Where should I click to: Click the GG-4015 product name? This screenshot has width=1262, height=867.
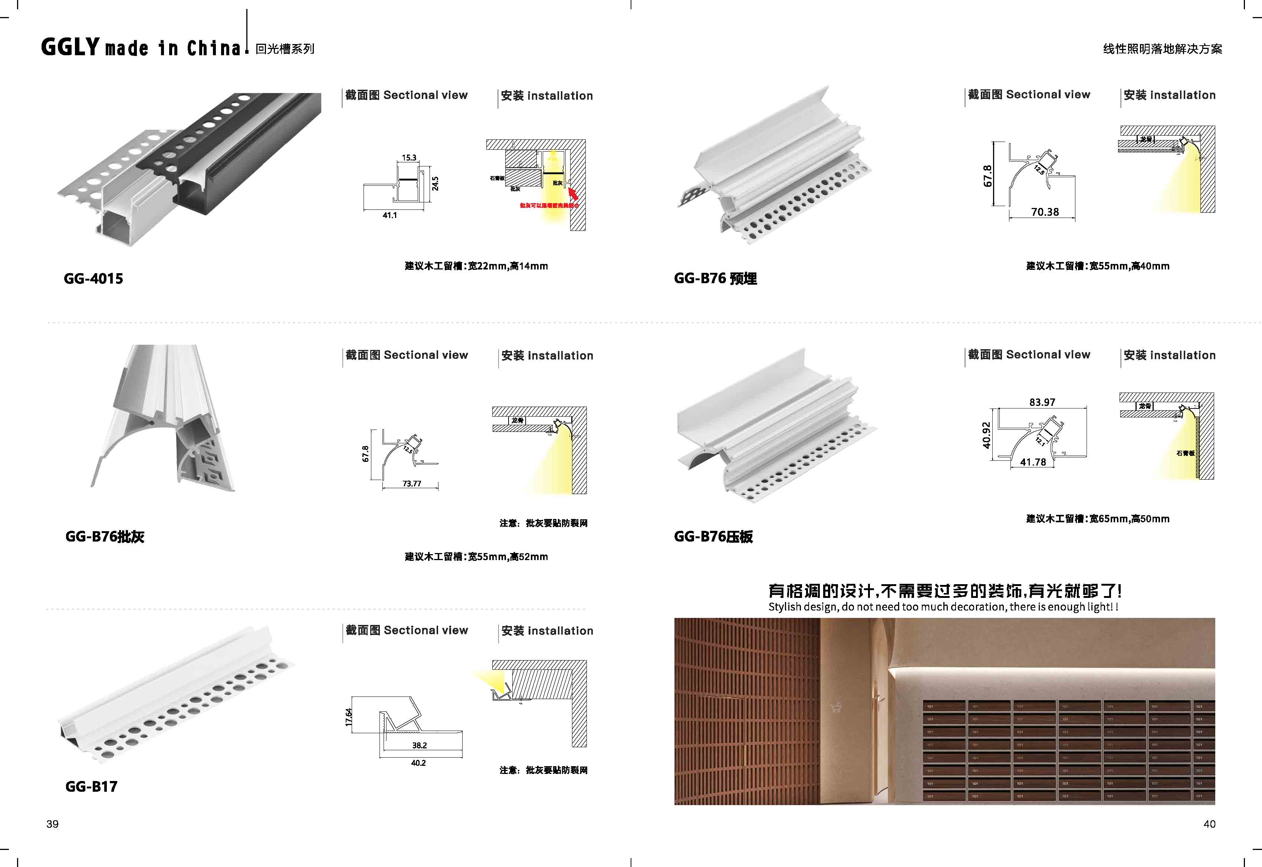click(93, 279)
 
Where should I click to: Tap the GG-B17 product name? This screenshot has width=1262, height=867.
click(91, 786)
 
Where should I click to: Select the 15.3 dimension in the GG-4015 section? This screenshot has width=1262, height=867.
click(409, 158)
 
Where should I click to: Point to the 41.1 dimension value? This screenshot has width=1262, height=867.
click(390, 215)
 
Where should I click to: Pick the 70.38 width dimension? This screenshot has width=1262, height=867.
click(1045, 212)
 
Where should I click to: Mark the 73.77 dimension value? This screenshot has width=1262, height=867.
click(411, 483)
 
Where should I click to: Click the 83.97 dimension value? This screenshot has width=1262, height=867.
click(1042, 402)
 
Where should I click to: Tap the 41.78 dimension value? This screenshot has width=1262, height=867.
click(1033, 462)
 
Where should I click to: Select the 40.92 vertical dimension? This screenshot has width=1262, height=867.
click(986, 436)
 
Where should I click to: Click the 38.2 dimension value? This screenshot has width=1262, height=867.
click(419, 745)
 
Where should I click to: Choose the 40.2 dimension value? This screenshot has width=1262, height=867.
click(418, 763)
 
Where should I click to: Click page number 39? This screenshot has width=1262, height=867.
click(52, 824)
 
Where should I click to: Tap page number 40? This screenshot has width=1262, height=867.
click(1209, 824)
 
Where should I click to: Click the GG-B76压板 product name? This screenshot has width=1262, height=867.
click(713, 537)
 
